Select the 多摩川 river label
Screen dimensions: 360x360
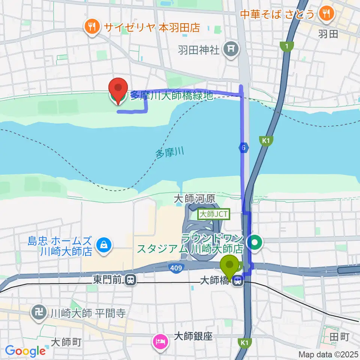point(170,153)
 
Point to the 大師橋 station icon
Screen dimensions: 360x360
point(237,281)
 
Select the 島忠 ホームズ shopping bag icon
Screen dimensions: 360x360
point(102,246)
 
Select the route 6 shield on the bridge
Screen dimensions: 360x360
point(244,148)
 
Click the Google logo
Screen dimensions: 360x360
point(25,351)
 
